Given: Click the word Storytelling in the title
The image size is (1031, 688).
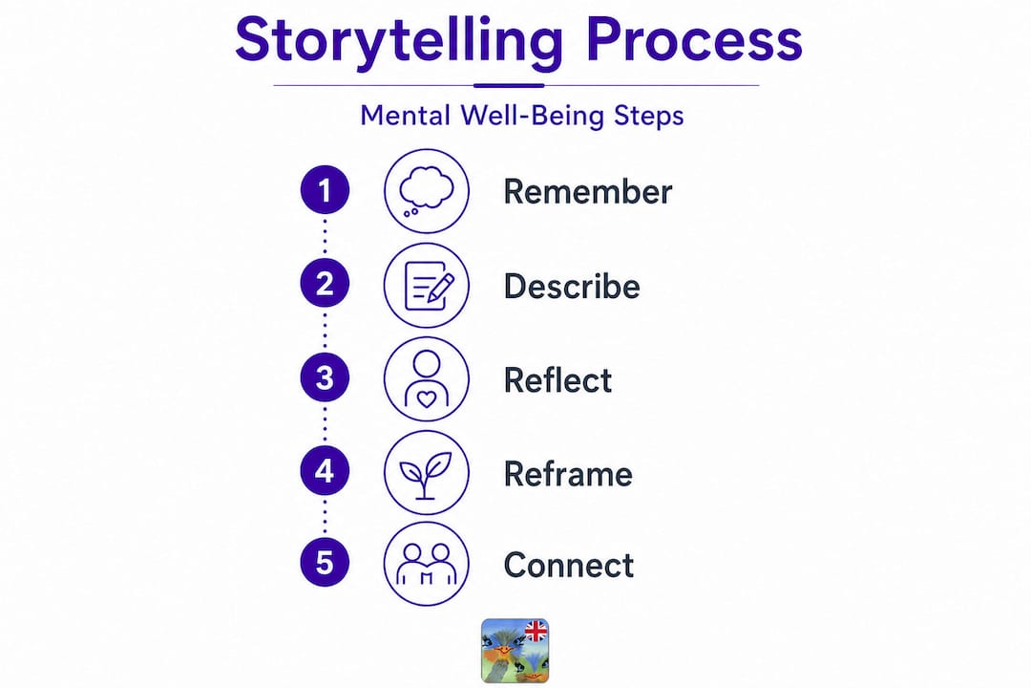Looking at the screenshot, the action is (x=399, y=41).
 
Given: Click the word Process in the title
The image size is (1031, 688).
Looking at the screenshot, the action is (x=694, y=40).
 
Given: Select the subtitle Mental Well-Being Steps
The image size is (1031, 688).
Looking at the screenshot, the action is (x=522, y=116).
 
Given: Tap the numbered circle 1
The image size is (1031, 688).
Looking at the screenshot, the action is (x=325, y=190).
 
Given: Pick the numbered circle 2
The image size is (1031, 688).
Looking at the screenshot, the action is (x=325, y=284).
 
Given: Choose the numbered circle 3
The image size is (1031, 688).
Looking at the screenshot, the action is (x=325, y=377).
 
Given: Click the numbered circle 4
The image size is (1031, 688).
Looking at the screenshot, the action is (x=325, y=471).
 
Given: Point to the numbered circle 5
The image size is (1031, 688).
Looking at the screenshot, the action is (x=325, y=563).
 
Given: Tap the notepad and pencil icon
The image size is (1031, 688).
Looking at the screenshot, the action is (x=427, y=285).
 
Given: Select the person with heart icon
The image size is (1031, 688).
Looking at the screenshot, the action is (x=427, y=379).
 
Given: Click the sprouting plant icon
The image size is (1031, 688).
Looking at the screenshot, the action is (x=427, y=473).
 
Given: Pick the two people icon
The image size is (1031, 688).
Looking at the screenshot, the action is (x=427, y=564).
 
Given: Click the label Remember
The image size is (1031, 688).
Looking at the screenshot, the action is (x=588, y=192).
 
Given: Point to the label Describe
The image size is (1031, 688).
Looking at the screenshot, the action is (x=572, y=287).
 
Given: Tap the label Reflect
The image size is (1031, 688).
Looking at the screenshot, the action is (x=558, y=380).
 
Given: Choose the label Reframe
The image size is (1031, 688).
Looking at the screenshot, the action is (x=568, y=474).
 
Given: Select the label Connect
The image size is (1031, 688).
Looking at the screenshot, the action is (x=569, y=566).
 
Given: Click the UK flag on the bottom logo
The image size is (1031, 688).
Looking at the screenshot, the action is (x=536, y=632).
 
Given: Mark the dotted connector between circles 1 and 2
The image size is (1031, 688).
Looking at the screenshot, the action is (x=325, y=237).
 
